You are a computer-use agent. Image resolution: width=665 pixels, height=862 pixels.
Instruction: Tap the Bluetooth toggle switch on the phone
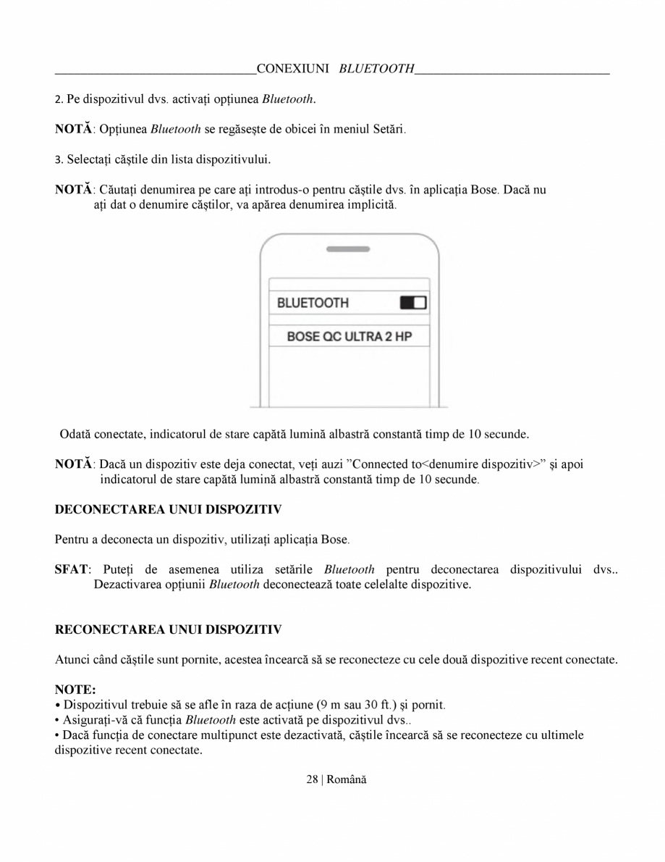click(413, 303)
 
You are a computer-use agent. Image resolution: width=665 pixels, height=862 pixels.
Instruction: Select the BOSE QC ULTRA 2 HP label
click(350, 337)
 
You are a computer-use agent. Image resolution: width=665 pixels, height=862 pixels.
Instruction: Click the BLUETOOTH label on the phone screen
click(313, 303)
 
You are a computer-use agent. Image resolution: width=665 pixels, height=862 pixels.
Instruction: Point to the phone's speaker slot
click(349, 248)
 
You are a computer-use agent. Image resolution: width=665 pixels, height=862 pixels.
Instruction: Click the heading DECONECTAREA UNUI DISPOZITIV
click(168, 509)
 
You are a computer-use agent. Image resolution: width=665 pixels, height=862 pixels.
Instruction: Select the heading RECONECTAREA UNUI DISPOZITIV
click(168, 629)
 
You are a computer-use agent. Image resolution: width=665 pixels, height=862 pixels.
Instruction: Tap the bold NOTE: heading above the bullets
click(75, 690)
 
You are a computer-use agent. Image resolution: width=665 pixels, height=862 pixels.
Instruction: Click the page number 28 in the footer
click(312, 779)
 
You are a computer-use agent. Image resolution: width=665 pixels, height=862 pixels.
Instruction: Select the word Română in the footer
click(347, 779)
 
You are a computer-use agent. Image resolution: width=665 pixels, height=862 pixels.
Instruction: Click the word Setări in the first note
click(389, 129)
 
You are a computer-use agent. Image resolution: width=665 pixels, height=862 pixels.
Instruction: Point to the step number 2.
click(58, 99)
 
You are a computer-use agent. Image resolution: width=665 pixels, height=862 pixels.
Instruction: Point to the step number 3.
click(58, 158)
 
